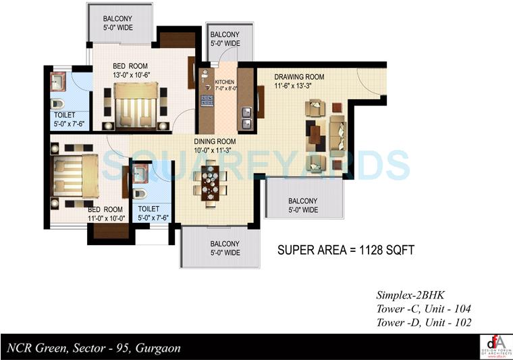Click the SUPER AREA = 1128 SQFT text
pos(346,250)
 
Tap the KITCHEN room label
pos(224,82)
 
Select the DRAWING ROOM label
pos(299,77)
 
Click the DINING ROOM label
pos(214,142)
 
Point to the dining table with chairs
pos(211,183)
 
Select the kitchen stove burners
pos(207,102)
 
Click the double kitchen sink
pos(247,118)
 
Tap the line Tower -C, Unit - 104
pos(422,309)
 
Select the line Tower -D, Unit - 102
pos(422,322)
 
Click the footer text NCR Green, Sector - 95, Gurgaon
pos(94,349)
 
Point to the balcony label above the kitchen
pos(225,39)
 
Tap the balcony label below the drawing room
pos(303,205)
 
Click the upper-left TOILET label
pos(66,114)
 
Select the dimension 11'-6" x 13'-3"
pos(298,86)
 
